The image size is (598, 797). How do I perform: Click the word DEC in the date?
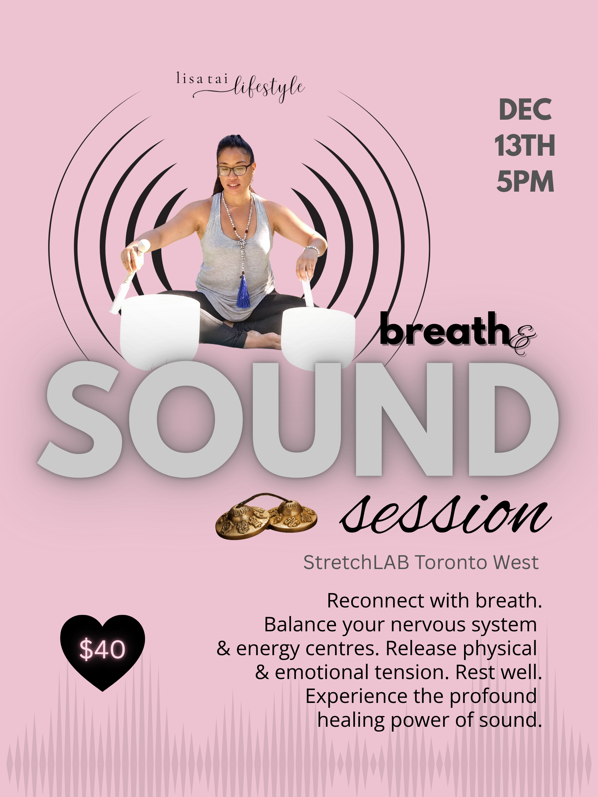pos(525,110)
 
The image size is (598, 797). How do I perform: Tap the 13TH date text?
pos(525,146)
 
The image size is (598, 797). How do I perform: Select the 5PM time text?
pos(525,181)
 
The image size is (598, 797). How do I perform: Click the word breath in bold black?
pos(444,329)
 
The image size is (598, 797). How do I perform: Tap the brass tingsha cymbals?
pos(266,516)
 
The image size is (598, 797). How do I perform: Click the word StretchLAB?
pos(356,562)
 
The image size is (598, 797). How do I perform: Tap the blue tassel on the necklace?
pos(243,291)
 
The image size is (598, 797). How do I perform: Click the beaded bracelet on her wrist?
pos(312,250)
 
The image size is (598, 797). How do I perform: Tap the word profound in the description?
pos(493,696)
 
